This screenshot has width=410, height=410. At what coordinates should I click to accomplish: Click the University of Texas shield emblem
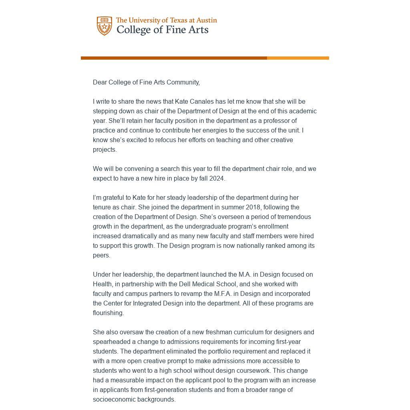[104, 26]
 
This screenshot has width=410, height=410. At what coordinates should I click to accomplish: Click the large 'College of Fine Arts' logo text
[162, 30]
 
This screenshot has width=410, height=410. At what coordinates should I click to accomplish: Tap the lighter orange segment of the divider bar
[298, 58]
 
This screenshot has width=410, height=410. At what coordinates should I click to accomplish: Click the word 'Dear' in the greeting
[100, 82]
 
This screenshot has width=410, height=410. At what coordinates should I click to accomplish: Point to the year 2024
[217, 178]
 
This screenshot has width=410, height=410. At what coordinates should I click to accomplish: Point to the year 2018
[253, 207]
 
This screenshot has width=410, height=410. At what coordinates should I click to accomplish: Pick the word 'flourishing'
[108, 313]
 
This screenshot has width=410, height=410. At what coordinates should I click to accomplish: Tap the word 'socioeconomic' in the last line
[113, 399]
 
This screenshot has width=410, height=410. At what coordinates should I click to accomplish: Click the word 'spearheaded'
[111, 342]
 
